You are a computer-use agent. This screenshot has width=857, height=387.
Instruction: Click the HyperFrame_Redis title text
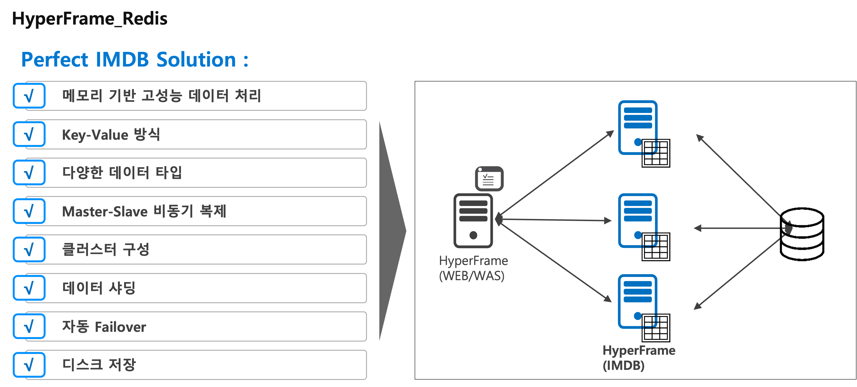[x=90, y=19]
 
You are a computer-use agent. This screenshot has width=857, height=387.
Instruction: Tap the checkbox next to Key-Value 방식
[x=29, y=134]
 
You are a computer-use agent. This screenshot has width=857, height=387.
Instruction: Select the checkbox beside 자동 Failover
[x=29, y=326]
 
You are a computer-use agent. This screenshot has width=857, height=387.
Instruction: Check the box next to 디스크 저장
[x=29, y=365]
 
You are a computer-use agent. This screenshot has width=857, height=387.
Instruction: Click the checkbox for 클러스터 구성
[x=29, y=250]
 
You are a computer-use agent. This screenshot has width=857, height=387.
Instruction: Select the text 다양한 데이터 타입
[x=122, y=173]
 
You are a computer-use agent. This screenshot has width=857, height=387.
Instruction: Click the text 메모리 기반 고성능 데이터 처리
[x=161, y=96]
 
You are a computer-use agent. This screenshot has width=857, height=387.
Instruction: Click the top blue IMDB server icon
[x=638, y=128]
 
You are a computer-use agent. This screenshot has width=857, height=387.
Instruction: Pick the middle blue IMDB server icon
[x=638, y=221]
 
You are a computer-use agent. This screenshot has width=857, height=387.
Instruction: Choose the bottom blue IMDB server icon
[x=638, y=301]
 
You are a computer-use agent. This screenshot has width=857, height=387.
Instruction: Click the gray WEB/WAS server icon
[x=473, y=221]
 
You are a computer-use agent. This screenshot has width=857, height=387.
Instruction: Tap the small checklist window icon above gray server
[x=489, y=179]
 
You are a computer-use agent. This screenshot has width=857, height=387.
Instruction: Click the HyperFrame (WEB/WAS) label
[x=473, y=268]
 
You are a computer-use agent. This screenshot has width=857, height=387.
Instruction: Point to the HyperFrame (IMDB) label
[x=639, y=358]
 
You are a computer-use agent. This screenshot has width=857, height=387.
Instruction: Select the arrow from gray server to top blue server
[x=556, y=173]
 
